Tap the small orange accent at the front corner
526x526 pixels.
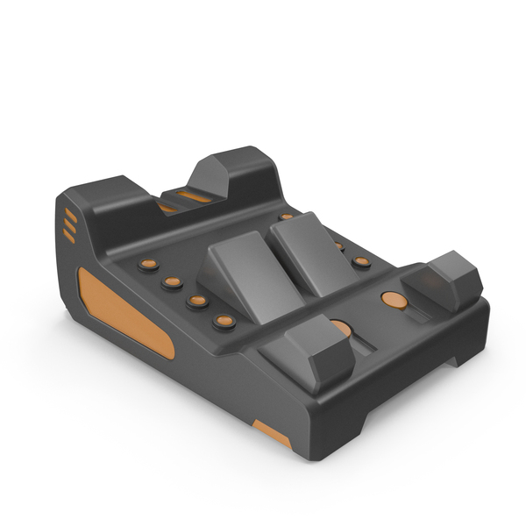pyautogui.click(x=273, y=432)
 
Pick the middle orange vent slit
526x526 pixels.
pyautogui.click(x=69, y=226)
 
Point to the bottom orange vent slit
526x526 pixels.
pyautogui.click(x=68, y=236)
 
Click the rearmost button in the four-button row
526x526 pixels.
pyautogui.click(x=149, y=264)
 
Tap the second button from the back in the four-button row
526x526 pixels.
pyautogui.click(x=173, y=282)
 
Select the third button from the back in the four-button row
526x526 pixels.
pyautogui.click(x=198, y=301)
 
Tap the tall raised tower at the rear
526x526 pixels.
pyautogui.click(x=232, y=175)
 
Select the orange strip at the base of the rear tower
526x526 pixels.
pyautogui.click(x=194, y=196)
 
